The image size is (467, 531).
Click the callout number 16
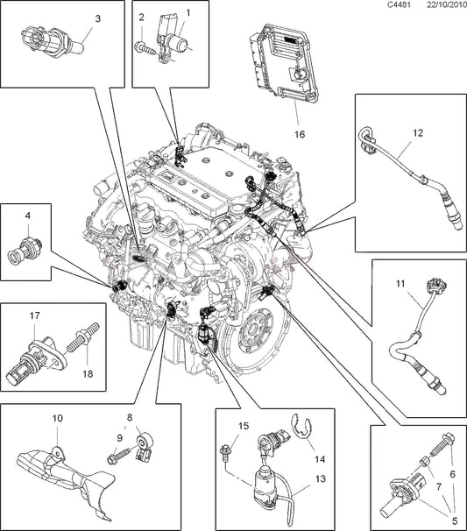click(x=299, y=135)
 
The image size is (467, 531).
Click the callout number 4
click(x=27, y=215)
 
